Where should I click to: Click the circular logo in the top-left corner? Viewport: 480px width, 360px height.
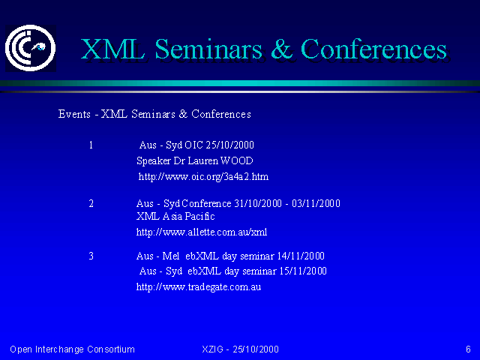[x=30, y=48]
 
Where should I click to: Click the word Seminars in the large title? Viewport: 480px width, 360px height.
[x=208, y=49]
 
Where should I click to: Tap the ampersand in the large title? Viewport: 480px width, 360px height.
[x=281, y=49]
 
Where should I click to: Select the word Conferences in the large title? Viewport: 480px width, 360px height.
[x=373, y=49]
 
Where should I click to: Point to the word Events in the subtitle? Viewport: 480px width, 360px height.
[x=74, y=114]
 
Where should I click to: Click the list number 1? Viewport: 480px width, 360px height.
[x=91, y=145]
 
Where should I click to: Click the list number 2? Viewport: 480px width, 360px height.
[x=91, y=203]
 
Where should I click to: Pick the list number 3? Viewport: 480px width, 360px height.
[x=91, y=256]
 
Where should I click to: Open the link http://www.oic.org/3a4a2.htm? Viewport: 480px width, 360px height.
[x=203, y=177]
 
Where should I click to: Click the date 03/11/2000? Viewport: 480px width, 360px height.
[x=316, y=203]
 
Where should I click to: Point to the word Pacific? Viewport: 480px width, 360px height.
[x=200, y=217]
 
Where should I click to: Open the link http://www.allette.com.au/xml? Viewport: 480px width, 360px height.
[x=202, y=232]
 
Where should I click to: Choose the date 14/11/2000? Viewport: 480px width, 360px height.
[x=301, y=256]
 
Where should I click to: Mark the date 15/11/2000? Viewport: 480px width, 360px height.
[x=303, y=271]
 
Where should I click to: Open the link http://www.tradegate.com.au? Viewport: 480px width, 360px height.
[x=199, y=287]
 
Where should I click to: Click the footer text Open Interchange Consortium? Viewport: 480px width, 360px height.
[x=72, y=349]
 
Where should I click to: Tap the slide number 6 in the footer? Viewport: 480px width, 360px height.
[x=468, y=349]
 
